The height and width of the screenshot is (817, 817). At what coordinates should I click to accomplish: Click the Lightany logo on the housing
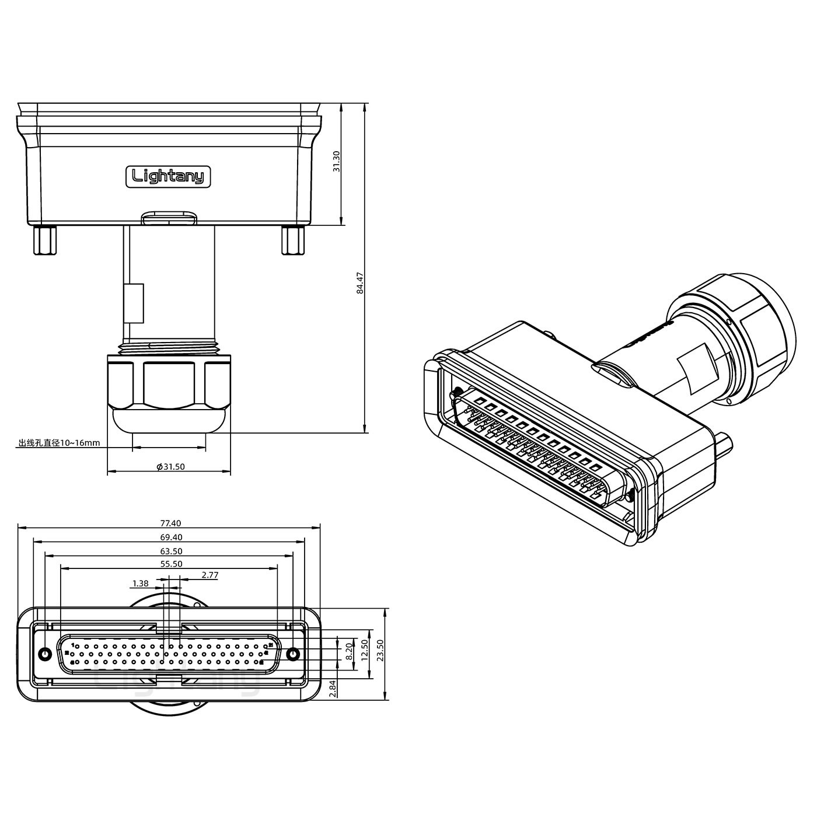tap(169, 176)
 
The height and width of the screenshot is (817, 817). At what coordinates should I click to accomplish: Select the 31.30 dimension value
tap(336, 161)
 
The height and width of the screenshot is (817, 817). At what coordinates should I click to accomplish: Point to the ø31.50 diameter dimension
tap(170, 467)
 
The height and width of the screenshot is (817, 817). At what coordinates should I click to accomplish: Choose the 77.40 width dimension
tap(169, 523)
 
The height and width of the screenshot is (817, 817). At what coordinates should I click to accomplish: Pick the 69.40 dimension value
tap(169, 537)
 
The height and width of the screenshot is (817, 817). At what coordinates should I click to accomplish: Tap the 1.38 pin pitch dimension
tap(140, 583)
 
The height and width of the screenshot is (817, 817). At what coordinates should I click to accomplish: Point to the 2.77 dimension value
tap(210, 575)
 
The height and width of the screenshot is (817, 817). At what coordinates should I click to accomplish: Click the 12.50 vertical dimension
tap(365, 648)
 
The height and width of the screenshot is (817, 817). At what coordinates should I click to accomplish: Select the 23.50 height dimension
tap(380, 649)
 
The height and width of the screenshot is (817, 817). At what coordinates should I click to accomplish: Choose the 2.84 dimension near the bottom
tap(333, 689)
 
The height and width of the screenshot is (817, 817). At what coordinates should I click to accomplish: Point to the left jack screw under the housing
tap(45, 240)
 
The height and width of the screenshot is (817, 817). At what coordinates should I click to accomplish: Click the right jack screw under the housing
tap(293, 240)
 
